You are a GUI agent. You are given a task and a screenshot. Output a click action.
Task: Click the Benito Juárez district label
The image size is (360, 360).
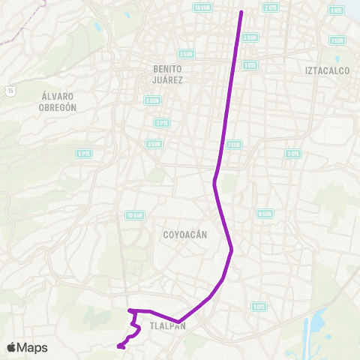(x=168, y=74)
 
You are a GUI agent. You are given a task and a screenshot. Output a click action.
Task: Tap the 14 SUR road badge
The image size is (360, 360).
(x=202, y=7)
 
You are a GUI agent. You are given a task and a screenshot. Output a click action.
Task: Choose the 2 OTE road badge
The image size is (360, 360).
(x=271, y=7)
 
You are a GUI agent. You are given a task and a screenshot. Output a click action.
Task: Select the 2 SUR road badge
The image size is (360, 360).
(x=250, y=37)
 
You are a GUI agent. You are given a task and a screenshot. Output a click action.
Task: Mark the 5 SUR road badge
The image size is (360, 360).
(x=153, y=100)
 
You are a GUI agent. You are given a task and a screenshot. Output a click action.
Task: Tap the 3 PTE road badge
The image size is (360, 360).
(x=161, y=122)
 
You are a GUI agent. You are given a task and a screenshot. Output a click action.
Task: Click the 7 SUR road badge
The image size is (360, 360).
(x=233, y=145)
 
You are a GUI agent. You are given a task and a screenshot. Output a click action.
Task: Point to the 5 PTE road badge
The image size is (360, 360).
(x=84, y=154)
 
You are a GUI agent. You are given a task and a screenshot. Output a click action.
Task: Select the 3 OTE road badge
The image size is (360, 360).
(x=293, y=154)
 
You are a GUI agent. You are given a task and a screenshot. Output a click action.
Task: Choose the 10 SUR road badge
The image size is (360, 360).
(x=134, y=215)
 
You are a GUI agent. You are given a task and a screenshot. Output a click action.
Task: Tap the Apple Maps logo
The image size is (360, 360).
(x=27, y=347)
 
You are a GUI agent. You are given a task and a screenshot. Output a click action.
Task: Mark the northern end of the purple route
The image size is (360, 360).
(x=241, y=12)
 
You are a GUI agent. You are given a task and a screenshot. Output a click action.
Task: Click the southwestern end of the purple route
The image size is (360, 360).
(x=118, y=346)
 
